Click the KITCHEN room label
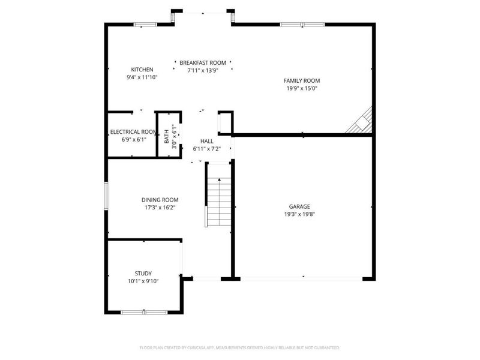pyautogui.click(x=142, y=70)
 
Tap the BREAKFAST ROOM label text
pyautogui.click(x=203, y=62)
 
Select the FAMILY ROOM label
pyautogui.click(x=302, y=80)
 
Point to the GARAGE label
pyautogui.click(x=299, y=206)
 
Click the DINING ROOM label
pyautogui.click(x=160, y=200)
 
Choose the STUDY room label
pyautogui.click(x=143, y=273)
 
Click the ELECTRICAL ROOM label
pyautogui.click(x=133, y=132)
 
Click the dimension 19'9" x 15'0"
pyautogui.click(x=302, y=88)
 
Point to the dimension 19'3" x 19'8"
pyautogui.click(x=299, y=214)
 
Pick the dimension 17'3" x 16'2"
pyautogui.click(x=160, y=208)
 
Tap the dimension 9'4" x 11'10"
pyautogui.click(x=142, y=77)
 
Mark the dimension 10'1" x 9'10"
pyautogui.click(x=143, y=281)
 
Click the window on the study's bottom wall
pyautogui.click(x=144, y=312)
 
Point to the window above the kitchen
pyautogui.click(x=145, y=25)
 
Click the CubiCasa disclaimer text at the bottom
pyautogui.click(x=240, y=347)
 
